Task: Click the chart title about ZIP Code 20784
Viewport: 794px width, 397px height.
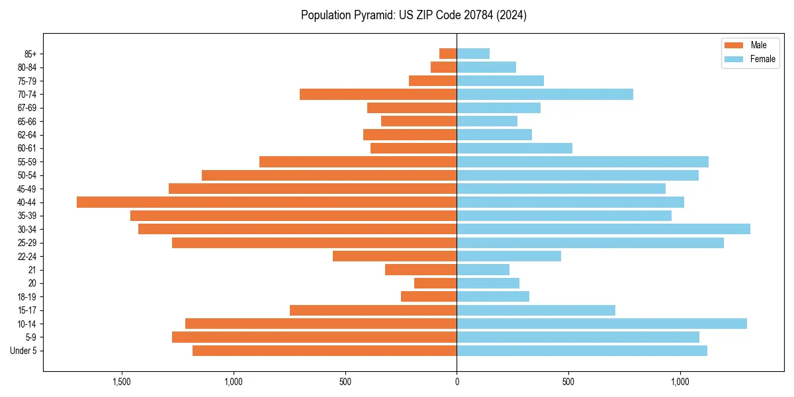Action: tap(414, 15)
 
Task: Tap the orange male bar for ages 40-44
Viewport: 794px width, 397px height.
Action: tap(267, 202)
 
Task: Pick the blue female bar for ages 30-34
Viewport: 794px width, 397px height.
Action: tap(603, 229)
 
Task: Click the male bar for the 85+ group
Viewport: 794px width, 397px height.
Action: tap(448, 54)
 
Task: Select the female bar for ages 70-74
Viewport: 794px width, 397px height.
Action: tap(545, 94)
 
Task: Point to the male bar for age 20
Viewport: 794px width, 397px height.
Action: tap(435, 283)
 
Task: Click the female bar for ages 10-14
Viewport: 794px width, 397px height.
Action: tap(601, 324)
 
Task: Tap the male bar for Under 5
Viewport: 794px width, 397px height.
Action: tap(324, 351)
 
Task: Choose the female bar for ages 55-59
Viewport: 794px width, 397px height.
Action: tap(582, 161)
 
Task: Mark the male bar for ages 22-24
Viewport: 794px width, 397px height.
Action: tap(394, 256)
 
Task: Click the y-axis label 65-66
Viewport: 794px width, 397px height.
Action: tap(27, 121)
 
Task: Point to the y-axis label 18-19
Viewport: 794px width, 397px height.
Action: tap(27, 297)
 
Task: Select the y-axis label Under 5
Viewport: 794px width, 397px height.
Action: tap(24, 351)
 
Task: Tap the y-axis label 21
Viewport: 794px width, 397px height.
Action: tap(32, 270)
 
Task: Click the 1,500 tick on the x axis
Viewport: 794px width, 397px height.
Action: tap(122, 382)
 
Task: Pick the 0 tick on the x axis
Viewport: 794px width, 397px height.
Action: tap(457, 382)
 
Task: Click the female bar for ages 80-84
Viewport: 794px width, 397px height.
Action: tap(486, 67)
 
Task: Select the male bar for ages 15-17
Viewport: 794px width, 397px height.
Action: tap(373, 310)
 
